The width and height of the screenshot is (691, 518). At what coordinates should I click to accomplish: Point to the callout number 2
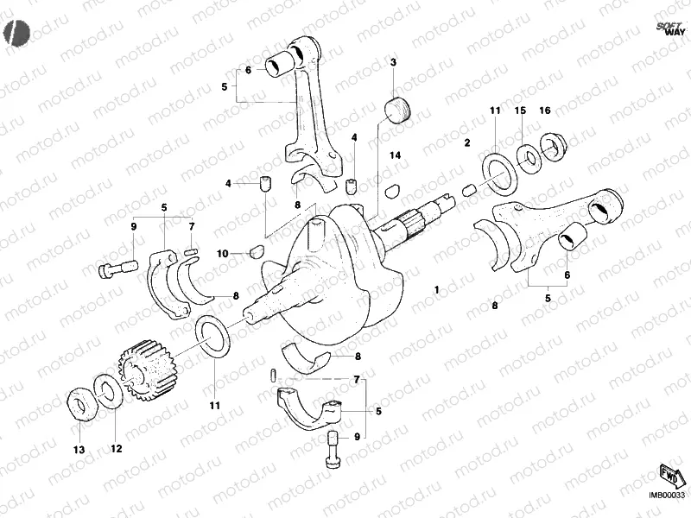[467, 142]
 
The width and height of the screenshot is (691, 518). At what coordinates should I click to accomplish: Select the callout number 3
[393, 63]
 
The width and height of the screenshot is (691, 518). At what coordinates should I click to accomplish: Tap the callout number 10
[223, 253]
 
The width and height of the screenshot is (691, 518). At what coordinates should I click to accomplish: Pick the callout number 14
[395, 155]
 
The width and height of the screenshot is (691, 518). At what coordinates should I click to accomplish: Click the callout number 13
[79, 450]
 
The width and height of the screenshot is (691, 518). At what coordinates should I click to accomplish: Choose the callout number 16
[544, 111]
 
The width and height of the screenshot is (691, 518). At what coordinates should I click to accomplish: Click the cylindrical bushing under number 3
[397, 111]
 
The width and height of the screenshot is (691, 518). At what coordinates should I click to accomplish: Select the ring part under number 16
[552, 146]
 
